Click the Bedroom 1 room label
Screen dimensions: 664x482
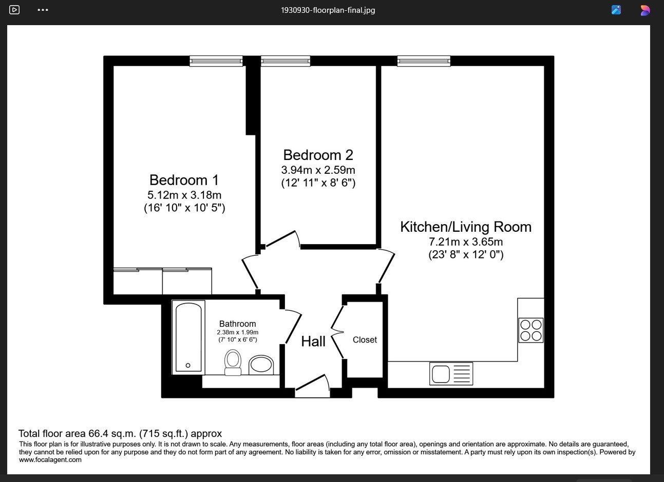184,180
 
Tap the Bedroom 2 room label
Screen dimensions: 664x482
318,155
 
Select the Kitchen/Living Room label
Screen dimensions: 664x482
466,227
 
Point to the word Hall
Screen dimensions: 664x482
313,342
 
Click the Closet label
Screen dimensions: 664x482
365,339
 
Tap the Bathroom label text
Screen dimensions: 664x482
237,324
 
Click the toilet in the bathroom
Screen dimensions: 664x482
233,363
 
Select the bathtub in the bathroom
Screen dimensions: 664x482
188,337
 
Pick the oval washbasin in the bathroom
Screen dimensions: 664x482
261,365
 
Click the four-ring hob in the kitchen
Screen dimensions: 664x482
531,330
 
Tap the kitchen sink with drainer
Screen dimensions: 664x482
451,374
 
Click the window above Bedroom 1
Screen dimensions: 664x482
216,62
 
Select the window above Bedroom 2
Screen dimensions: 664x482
286,62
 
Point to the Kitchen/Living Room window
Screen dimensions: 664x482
424,62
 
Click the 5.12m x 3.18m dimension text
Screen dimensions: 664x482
184,195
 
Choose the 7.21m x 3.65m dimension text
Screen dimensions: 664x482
466,242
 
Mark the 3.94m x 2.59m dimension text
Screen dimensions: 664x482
318,170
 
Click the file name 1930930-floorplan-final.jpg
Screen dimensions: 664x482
328,10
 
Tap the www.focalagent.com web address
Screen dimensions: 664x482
50,460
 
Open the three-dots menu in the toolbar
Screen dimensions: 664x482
43,10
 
